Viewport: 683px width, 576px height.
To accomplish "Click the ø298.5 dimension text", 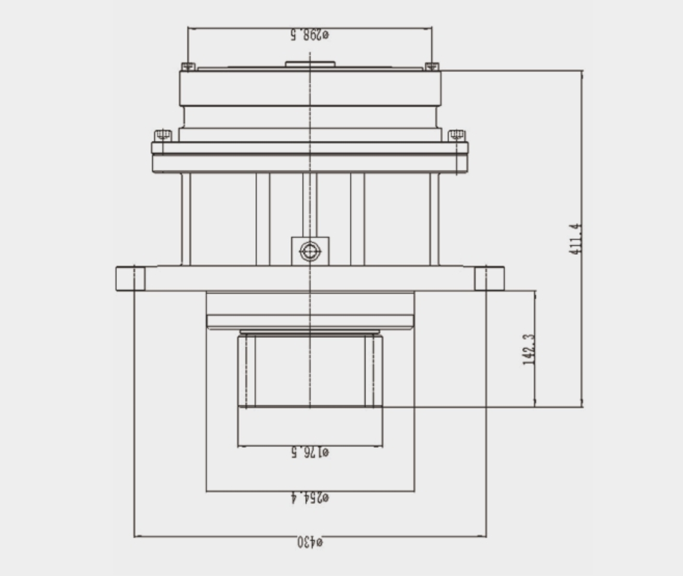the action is tap(310, 35).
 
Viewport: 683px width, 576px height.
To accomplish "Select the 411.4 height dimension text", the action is tap(576, 239).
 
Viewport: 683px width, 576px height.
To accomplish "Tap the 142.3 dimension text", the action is tap(529, 350).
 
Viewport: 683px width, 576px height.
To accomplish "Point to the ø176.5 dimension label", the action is tap(310, 453).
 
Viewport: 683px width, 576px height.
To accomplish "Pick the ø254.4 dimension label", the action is tap(310, 497).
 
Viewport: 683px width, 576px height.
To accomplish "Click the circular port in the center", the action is tap(310, 251).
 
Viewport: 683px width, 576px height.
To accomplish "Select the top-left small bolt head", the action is tap(188, 66).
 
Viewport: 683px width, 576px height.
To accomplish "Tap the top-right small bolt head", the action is tap(432, 66).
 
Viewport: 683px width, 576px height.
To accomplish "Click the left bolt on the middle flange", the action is tap(163, 136).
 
